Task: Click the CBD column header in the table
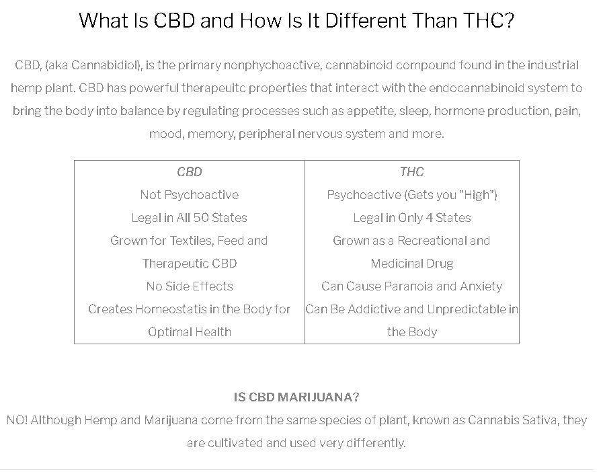(x=190, y=171)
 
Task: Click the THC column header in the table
(x=411, y=171)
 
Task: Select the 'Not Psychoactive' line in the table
(x=190, y=195)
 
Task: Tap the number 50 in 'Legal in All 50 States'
(x=200, y=218)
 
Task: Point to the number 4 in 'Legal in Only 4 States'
(x=429, y=218)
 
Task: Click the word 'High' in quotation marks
(x=477, y=195)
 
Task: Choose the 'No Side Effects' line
(x=190, y=286)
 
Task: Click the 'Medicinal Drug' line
(x=411, y=264)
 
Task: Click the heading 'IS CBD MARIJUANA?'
(x=296, y=397)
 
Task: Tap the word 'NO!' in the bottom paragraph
(x=17, y=420)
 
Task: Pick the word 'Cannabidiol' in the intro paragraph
(x=105, y=65)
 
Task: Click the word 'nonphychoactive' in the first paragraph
(x=272, y=65)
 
